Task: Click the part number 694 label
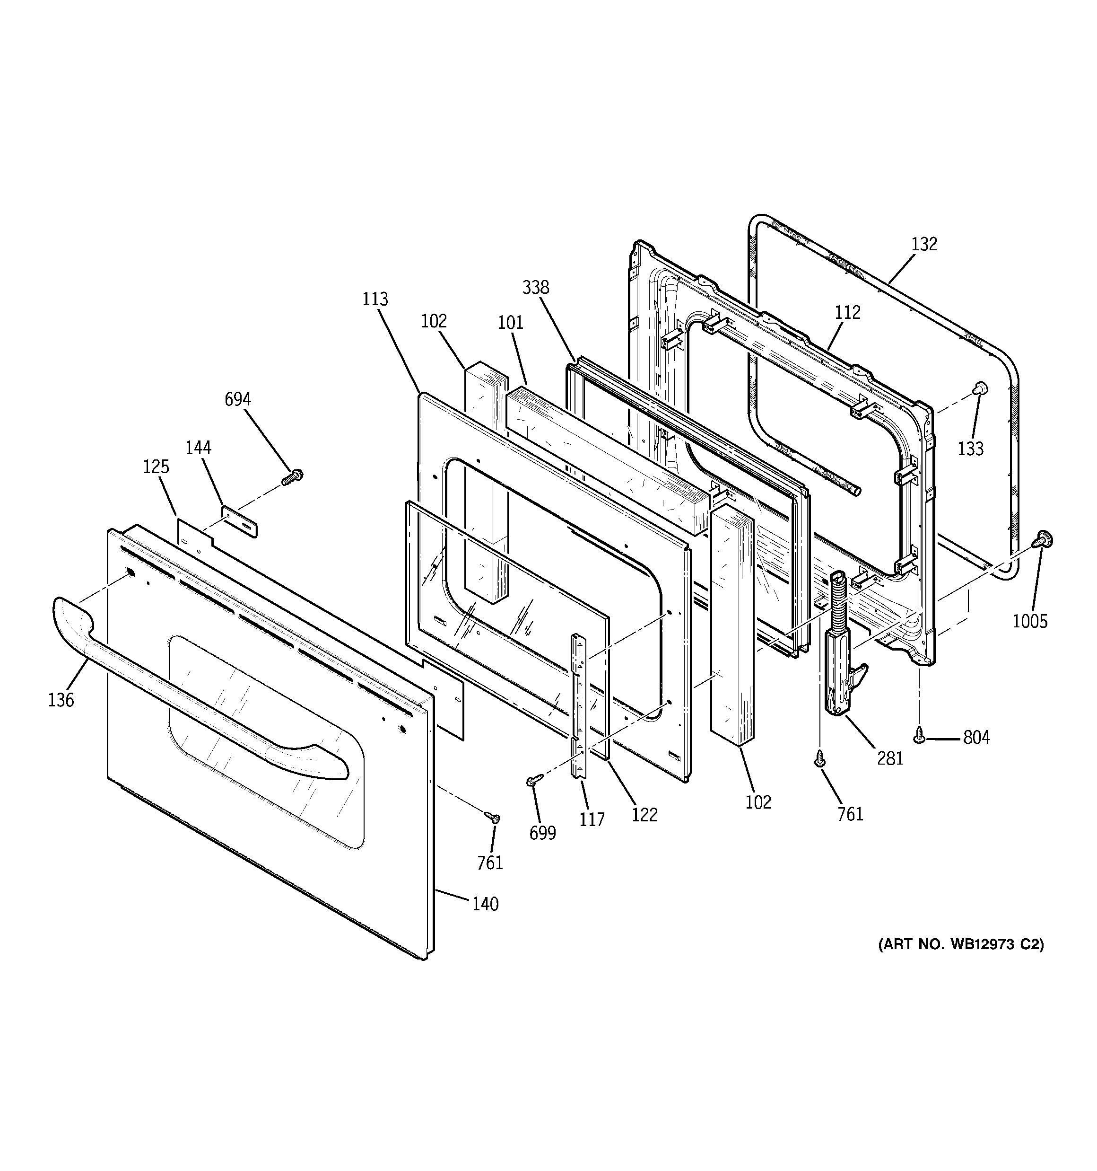click(x=238, y=399)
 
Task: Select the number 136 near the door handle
click(x=61, y=700)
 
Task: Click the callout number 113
click(x=375, y=299)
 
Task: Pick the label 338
click(x=535, y=288)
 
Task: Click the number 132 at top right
click(x=924, y=244)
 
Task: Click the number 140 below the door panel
click(x=485, y=904)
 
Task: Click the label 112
click(x=847, y=312)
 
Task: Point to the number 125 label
click(x=156, y=467)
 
